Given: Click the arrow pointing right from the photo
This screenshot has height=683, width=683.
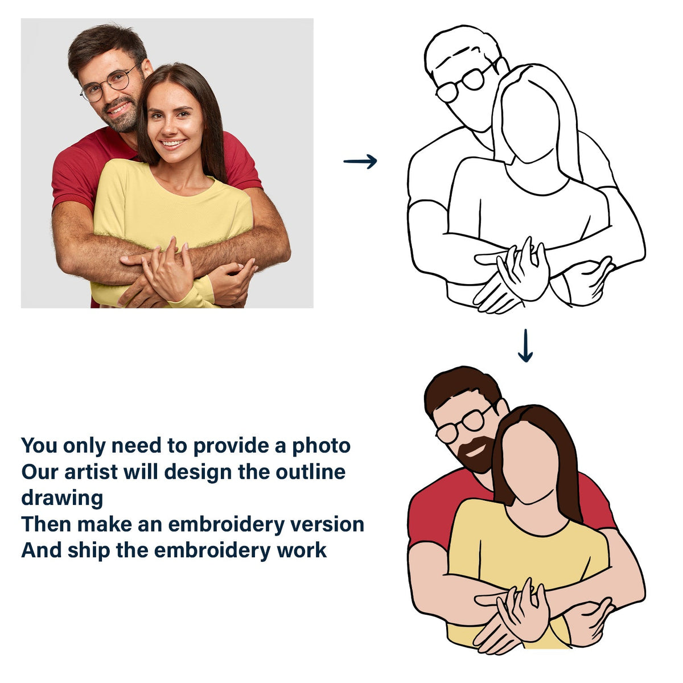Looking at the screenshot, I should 360,162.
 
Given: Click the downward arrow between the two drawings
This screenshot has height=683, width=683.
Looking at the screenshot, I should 525,345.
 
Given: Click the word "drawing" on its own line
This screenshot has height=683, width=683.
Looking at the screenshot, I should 62,498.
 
